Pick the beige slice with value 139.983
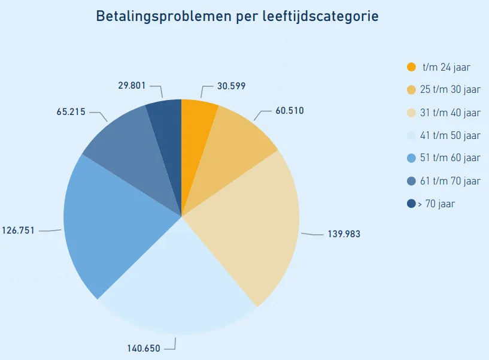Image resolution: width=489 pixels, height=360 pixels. (x=251, y=228)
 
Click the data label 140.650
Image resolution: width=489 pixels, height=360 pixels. (x=143, y=348)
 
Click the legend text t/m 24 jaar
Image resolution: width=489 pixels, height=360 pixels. (x=446, y=67)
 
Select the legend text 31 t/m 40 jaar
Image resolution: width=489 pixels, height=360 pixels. (x=450, y=113)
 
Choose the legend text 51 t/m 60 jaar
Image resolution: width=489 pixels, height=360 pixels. (x=450, y=158)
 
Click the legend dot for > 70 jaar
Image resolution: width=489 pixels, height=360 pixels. (x=411, y=204)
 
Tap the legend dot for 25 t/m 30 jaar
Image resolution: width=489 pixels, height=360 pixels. (x=411, y=90)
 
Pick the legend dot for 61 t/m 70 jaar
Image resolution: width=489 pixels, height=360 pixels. (x=411, y=181)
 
